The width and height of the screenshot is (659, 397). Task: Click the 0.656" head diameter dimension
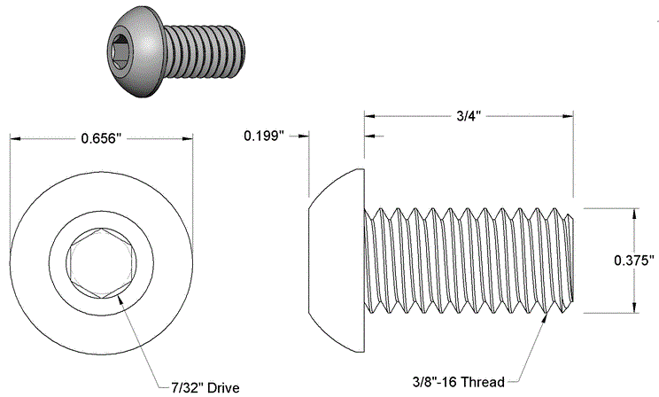coord(101,138)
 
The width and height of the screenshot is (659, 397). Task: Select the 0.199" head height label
coord(264,136)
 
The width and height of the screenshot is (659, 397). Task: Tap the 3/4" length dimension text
coord(469,116)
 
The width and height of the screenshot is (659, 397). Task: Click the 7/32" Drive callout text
coord(205,387)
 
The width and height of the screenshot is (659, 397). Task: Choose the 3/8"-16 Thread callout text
coord(459,382)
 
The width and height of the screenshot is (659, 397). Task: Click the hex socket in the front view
coord(101,264)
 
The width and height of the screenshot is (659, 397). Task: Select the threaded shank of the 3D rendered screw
coord(204,51)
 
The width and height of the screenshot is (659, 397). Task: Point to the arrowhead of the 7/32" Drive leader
coord(119,300)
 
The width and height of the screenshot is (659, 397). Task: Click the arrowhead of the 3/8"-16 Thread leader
coord(545,316)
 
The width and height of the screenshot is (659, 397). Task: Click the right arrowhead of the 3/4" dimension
coord(568,116)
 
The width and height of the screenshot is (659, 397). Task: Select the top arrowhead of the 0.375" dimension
coord(634,213)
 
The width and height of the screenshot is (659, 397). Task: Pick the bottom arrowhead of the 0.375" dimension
coord(634,307)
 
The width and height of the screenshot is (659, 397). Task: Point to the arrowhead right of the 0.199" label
coord(304,136)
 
